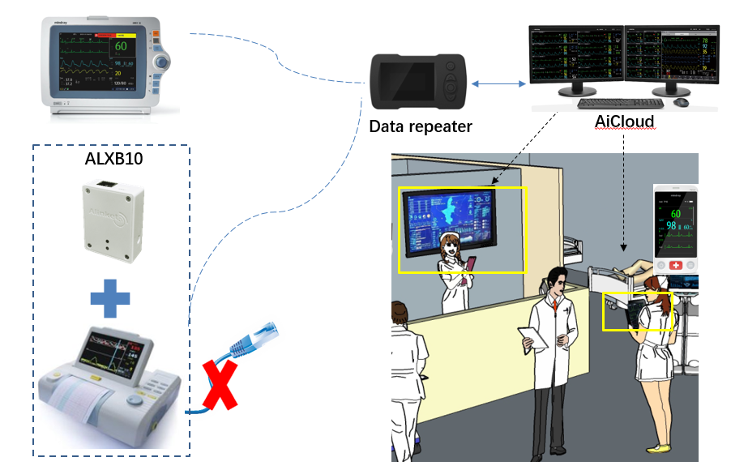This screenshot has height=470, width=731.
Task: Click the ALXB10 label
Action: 114,159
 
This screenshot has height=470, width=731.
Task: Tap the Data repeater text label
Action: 420,127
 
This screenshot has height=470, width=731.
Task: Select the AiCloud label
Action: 624,122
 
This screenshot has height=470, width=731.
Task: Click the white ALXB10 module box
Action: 113,217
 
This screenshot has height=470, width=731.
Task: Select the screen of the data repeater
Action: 411,83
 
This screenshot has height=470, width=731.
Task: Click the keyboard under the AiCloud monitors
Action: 620,103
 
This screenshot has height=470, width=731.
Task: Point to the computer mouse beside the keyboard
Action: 681,101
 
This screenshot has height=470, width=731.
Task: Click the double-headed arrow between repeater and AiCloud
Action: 497,83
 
